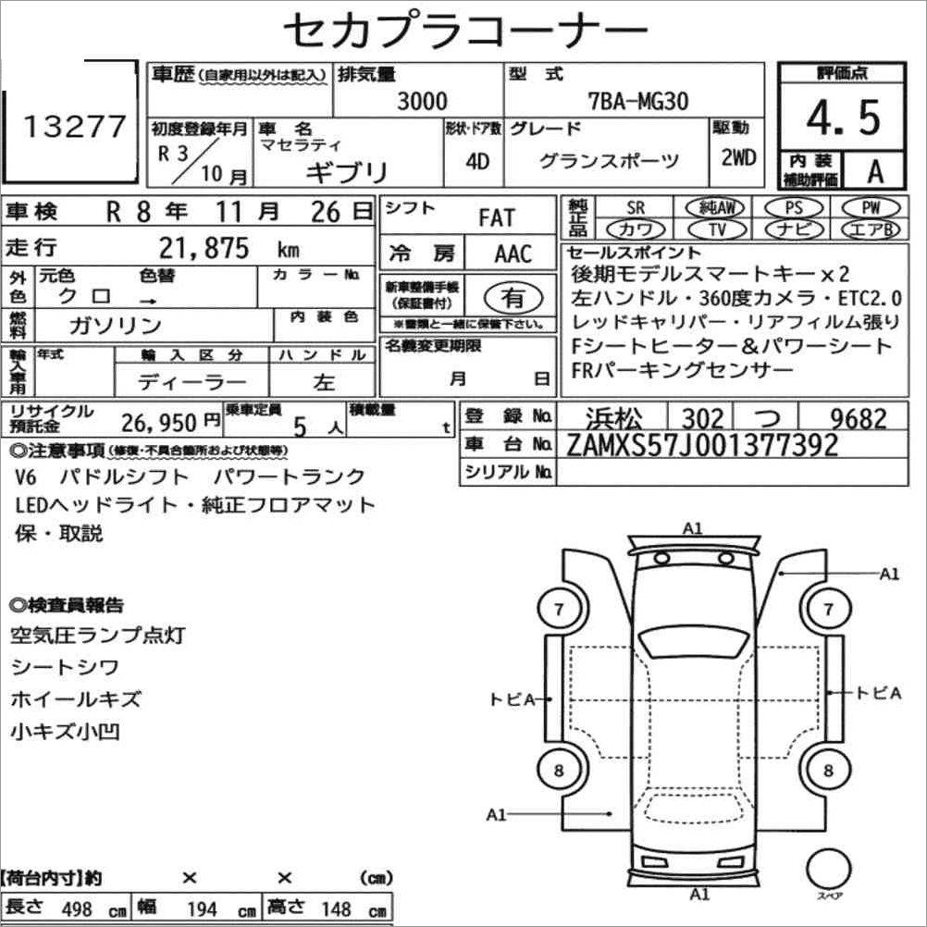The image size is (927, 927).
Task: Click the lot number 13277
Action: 75,127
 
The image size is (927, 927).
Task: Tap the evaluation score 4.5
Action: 843,117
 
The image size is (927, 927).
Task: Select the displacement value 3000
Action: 422,101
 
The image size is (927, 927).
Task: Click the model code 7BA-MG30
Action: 638,101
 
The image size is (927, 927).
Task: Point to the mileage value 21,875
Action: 204,248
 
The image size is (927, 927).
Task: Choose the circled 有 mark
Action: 513,298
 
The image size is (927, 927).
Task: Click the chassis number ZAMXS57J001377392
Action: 702,445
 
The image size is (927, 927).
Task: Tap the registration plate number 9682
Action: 859,418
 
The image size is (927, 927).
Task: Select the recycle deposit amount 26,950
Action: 158,423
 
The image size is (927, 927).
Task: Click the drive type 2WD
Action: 738,157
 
